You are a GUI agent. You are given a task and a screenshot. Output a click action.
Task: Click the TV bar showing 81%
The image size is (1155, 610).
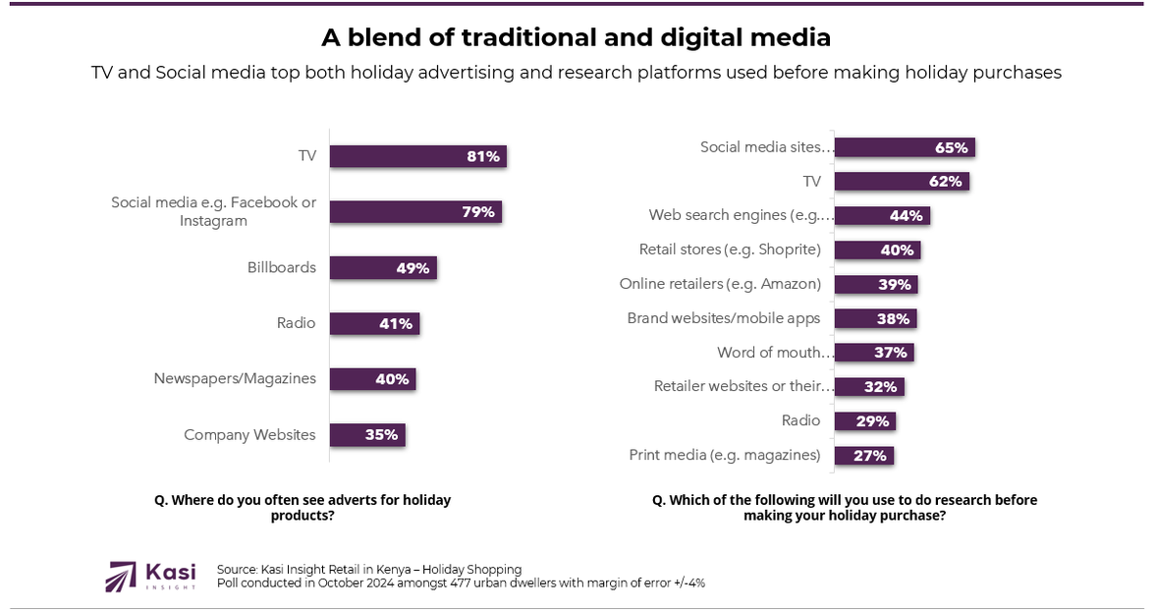[417, 156]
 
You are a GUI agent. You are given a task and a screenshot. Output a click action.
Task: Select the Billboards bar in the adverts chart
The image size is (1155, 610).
[382, 268]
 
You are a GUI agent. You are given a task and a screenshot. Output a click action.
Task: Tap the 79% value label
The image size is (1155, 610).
[478, 212]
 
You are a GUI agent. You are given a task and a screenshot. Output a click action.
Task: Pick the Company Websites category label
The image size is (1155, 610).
[249, 435]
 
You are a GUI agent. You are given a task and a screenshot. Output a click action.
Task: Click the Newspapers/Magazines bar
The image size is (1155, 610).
[372, 379]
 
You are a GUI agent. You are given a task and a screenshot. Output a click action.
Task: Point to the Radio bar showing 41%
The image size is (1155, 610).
[374, 323]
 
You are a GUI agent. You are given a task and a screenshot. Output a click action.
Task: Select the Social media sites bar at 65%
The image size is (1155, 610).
[904, 147]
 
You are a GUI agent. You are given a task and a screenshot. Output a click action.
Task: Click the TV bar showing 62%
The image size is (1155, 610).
[902, 182]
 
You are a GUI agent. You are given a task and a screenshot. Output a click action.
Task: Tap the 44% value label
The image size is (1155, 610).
[907, 216]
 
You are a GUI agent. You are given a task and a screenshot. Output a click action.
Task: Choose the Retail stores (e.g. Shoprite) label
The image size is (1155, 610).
[730, 250]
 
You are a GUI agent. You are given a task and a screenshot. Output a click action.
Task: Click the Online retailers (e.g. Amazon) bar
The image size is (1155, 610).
[876, 284]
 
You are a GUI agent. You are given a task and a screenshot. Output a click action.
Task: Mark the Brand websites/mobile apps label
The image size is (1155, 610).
[724, 318]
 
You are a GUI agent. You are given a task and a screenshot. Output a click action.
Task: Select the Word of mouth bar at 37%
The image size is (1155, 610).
[874, 353]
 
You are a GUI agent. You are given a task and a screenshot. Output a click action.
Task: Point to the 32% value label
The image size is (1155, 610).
[881, 387]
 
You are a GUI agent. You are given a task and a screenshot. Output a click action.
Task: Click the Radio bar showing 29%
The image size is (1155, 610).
[864, 421]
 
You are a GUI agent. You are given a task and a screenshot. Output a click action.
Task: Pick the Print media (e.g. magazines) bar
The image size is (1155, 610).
[863, 456]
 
